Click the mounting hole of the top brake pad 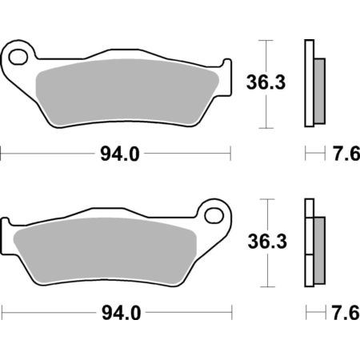tap(18, 57)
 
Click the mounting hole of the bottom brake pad tap(214, 215)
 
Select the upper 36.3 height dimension tap(266, 82)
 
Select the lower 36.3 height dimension tap(267, 242)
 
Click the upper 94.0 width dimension tap(120, 154)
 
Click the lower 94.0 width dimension tap(121, 313)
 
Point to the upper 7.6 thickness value tap(346, 154)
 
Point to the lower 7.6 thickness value tap(346, 313)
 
